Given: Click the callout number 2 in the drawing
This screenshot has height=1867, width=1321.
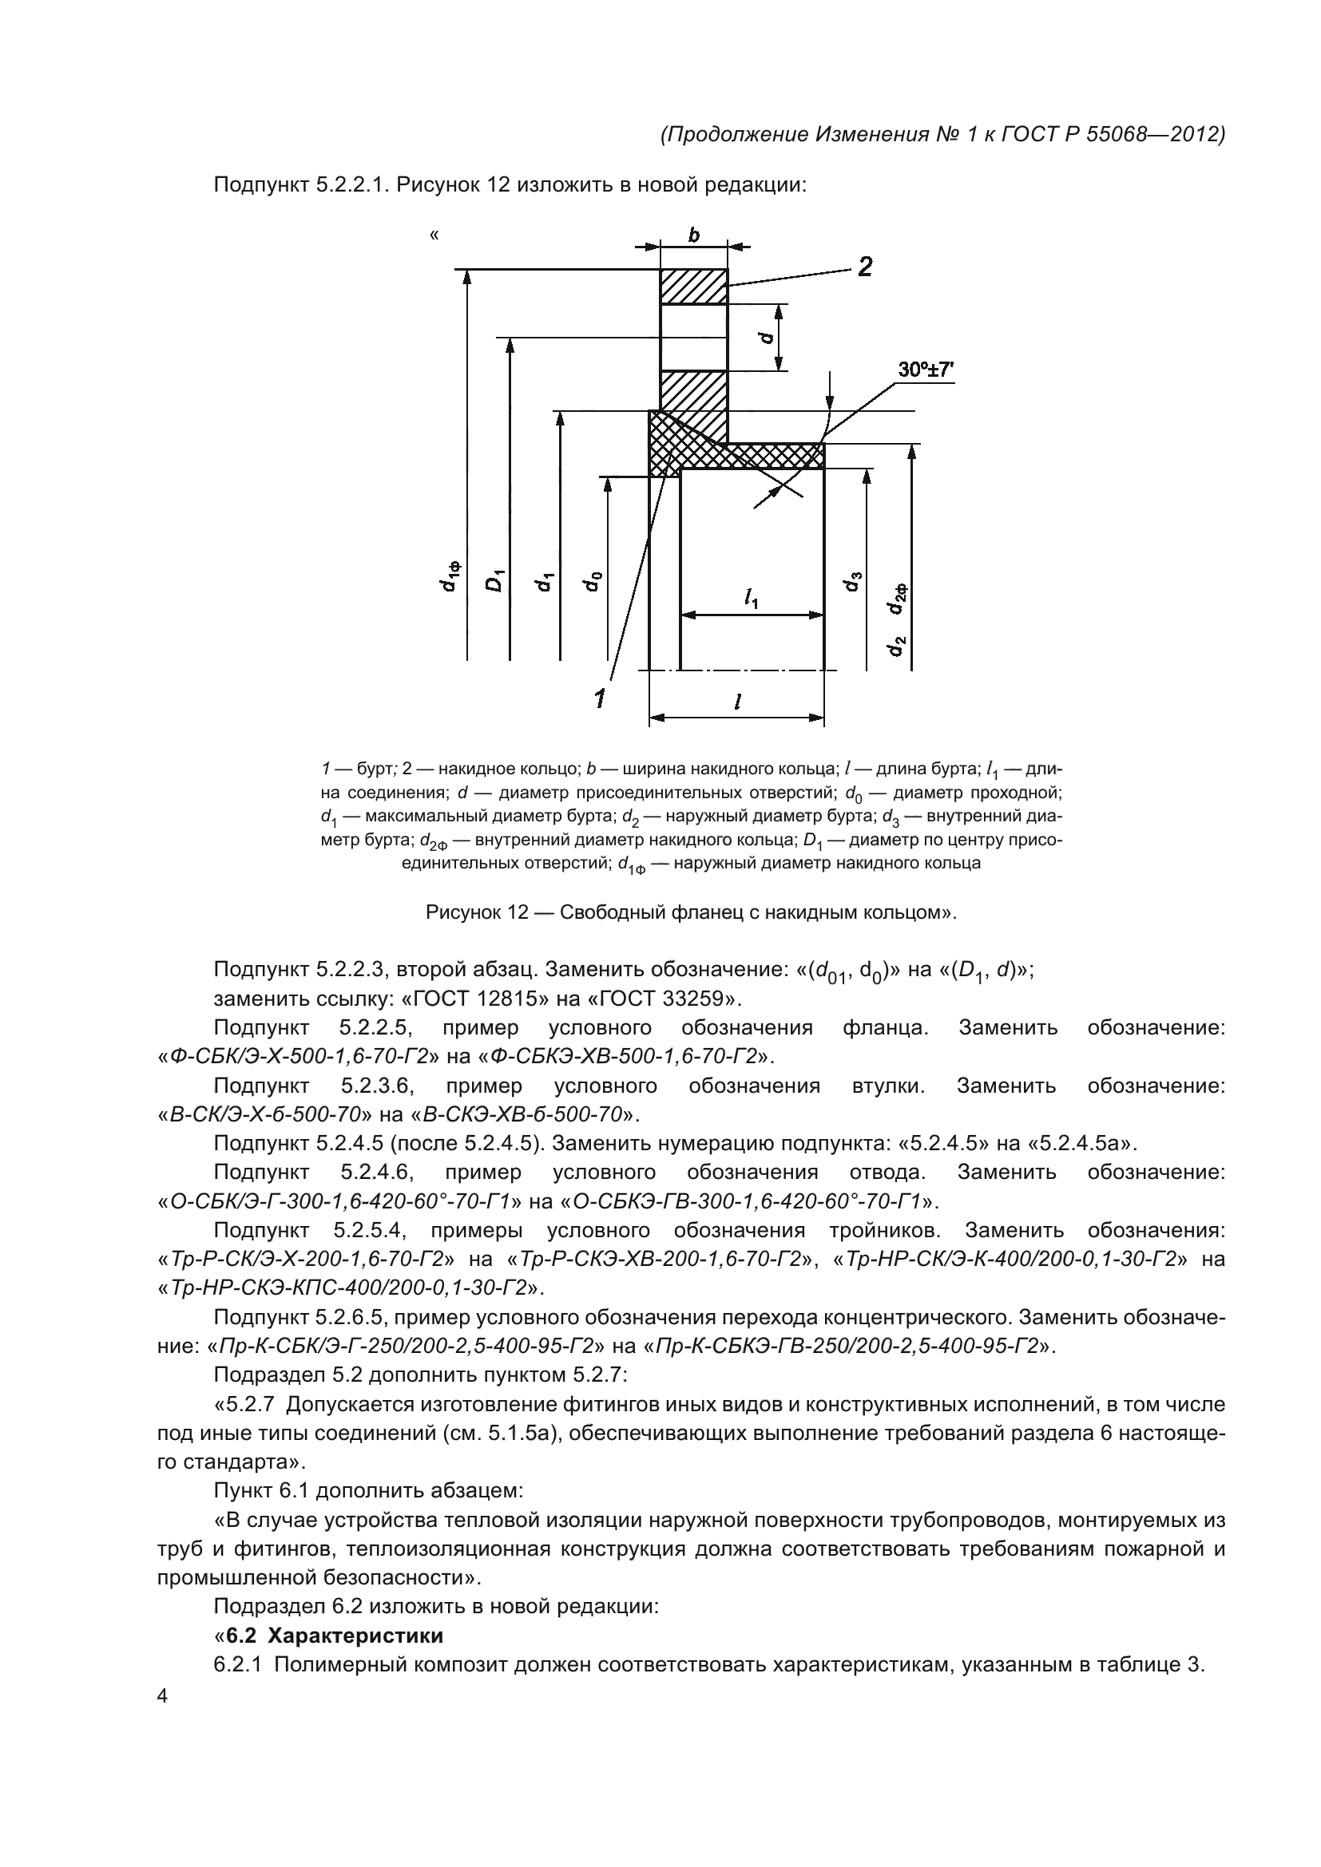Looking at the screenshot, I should click(864, 266).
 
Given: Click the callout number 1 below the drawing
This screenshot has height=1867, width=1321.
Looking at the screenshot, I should click(600, 697).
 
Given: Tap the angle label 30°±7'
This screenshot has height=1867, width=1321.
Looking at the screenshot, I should click(925, 370).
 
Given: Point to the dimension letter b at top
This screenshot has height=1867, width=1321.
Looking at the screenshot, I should click(694, 235).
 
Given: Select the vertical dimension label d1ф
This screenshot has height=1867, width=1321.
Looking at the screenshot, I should click(448, 576).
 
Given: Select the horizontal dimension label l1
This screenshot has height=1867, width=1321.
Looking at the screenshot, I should click(751, 599).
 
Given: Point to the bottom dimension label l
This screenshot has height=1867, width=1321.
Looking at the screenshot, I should click(736, 703).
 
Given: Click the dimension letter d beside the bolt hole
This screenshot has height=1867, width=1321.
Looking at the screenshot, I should click(765, 336).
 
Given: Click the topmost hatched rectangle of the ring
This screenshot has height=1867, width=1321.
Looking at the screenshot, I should click(694, 287).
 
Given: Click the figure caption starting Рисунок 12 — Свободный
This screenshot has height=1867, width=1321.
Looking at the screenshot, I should click(691, 912).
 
